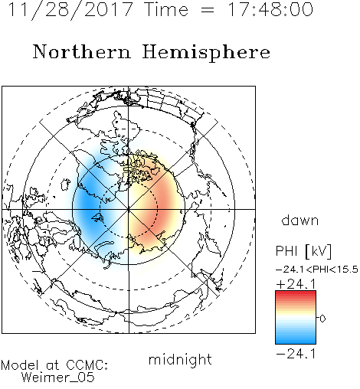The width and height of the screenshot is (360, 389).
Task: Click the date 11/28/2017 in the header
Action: coord(70,10)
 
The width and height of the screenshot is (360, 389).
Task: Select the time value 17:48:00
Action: coord(270,9)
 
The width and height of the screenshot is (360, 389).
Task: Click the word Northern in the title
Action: coord(82,51)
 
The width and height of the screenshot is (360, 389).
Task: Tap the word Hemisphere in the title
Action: coord(206,52)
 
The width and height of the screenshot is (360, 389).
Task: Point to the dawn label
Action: coord(300,220)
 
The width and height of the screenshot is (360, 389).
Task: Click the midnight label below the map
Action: coord(180,360)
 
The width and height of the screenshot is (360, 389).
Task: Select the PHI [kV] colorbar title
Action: coord(303,251)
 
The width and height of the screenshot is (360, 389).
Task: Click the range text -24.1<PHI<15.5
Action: coord(317,270)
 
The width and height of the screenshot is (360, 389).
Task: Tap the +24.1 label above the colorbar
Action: coord(296,284)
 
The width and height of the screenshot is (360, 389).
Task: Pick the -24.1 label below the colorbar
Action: coord(296,354)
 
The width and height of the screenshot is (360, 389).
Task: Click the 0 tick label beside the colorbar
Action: coord(322,319)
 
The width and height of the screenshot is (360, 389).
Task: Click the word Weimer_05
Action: coord(57,378)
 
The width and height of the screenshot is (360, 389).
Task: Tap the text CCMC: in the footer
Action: coord(87,365)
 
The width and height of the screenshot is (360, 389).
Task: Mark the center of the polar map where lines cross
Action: coord(129,210)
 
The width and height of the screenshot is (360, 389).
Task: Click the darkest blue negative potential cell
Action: coord(88,203)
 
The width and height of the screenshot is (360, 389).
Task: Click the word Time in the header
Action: coord(166,10)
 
